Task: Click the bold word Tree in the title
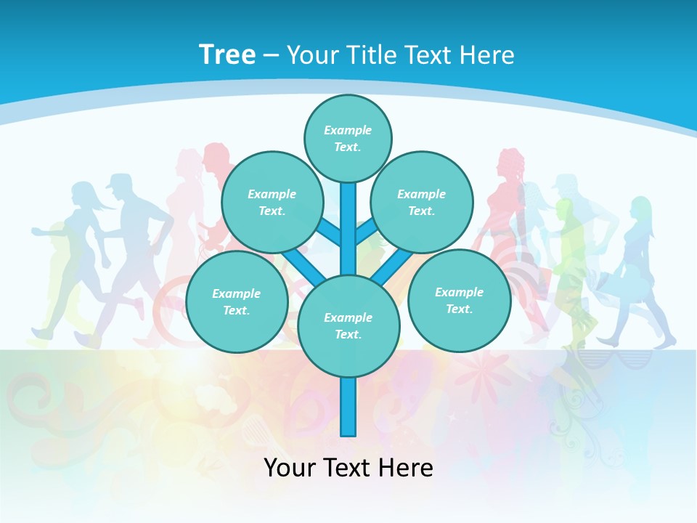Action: pos(227,54)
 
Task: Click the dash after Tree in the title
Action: pos(271,56)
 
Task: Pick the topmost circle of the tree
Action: pos(348,138)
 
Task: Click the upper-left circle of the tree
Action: pos(272,202)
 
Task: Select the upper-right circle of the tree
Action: pos(422,202)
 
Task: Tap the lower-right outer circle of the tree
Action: pos(459,300)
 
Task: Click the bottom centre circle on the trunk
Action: pos(348,325)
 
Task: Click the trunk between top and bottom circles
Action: pos(348,232)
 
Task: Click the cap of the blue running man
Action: pos(120,182)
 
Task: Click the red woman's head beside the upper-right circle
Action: pos(510,163)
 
